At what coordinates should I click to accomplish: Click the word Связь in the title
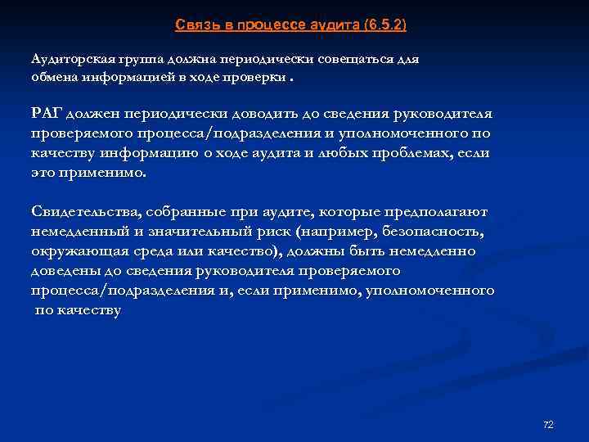193,25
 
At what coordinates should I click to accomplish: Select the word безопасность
430,231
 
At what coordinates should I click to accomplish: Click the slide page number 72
548,424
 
